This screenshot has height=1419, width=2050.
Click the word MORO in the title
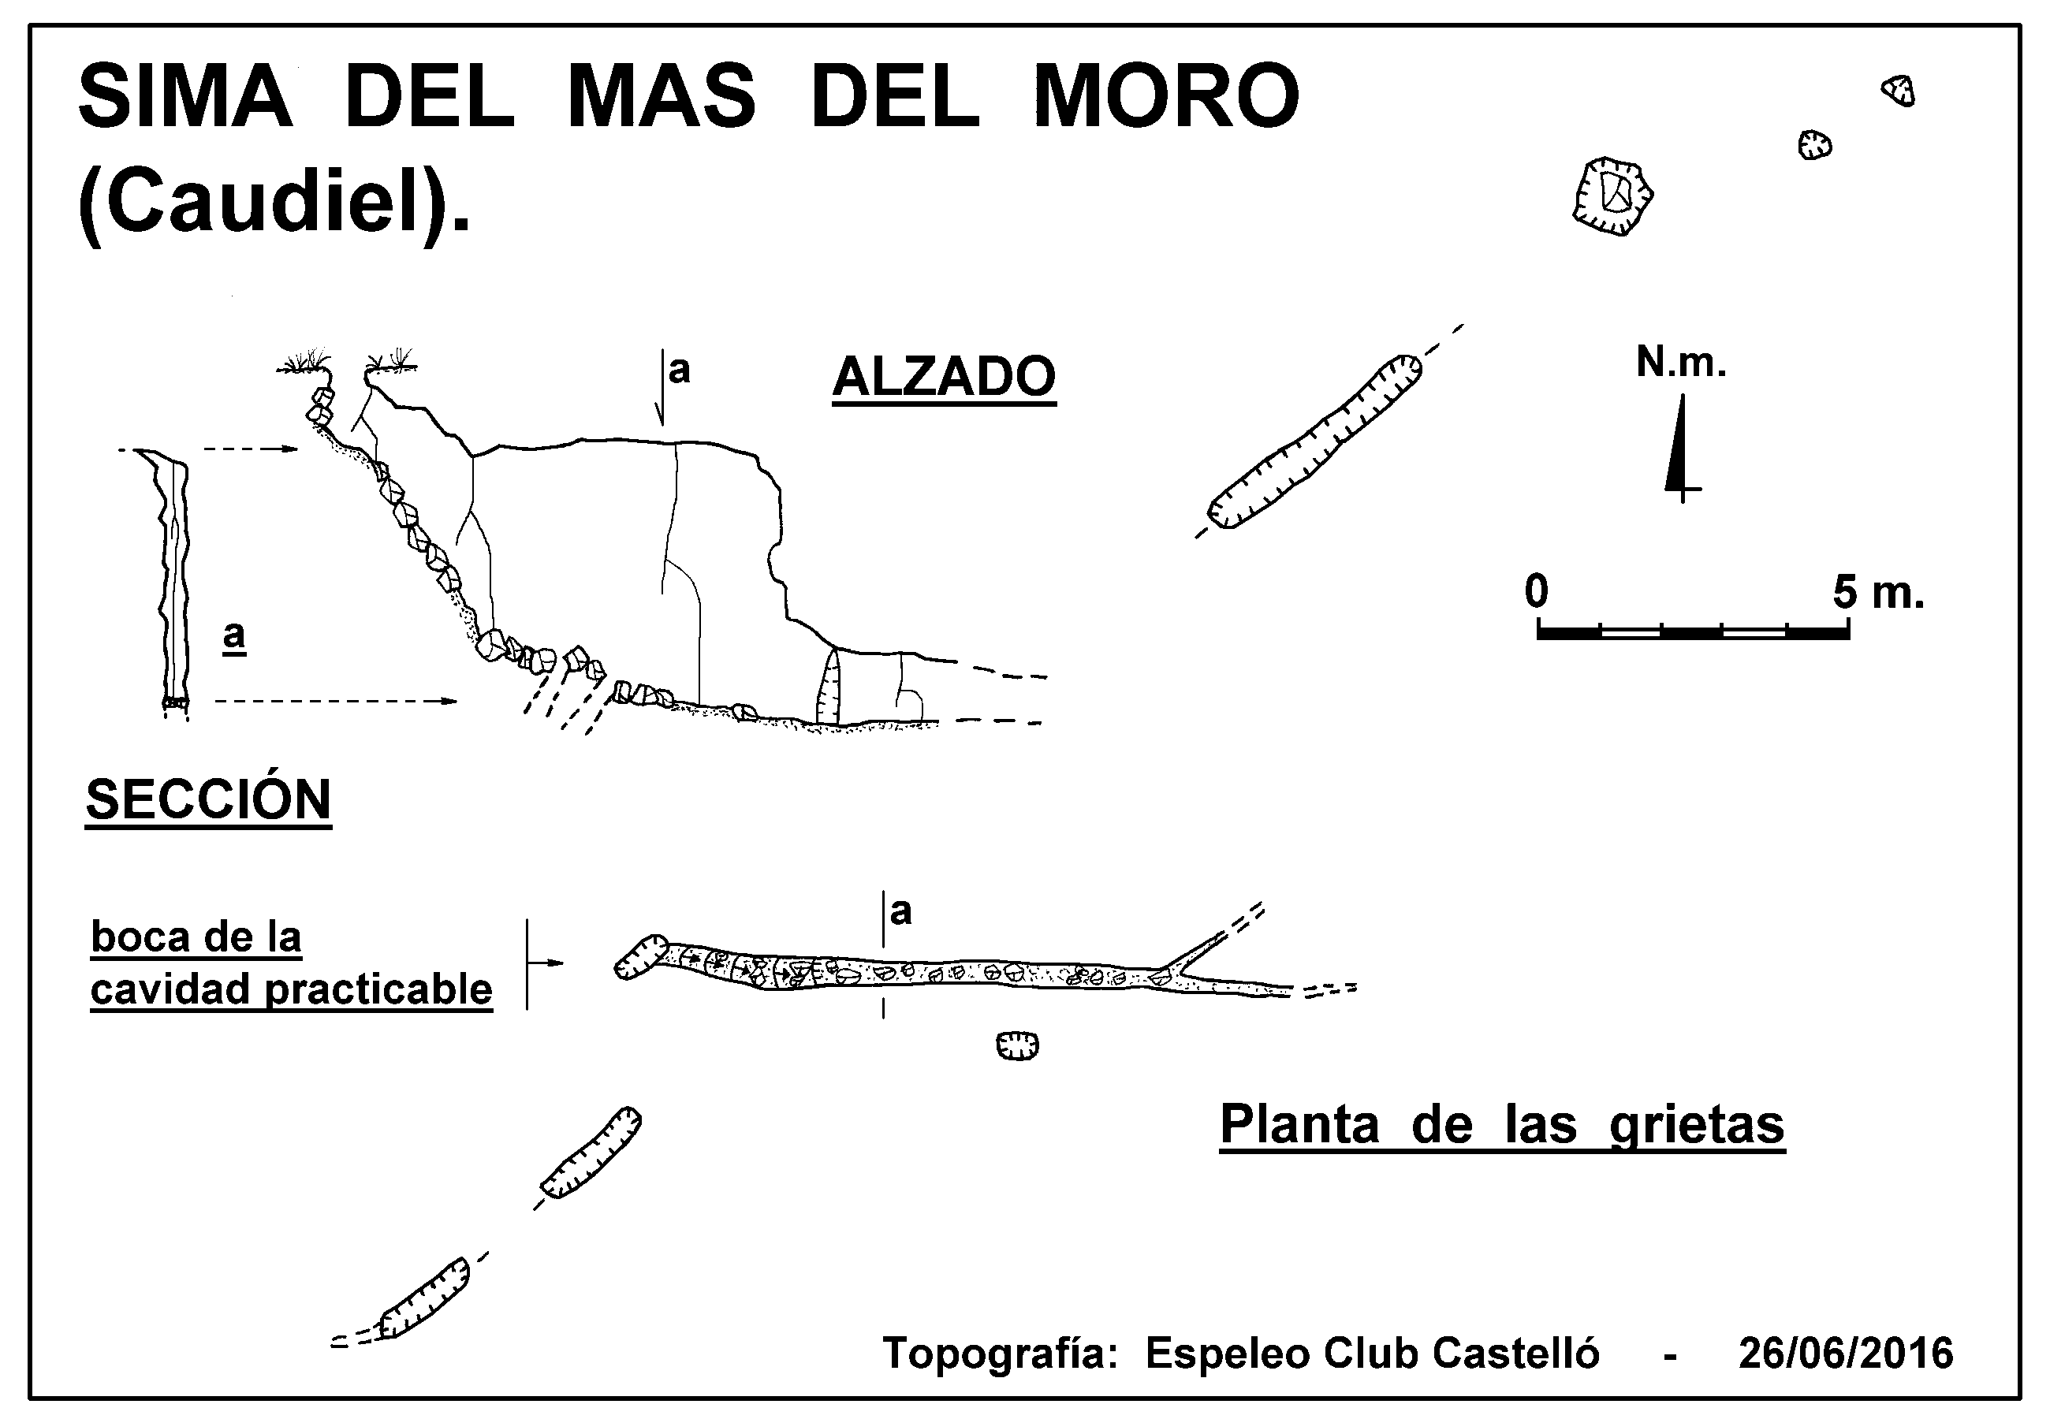(x=1165, y=95)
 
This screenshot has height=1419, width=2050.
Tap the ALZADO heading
(x=944, y=376)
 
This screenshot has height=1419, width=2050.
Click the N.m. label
(x=1681, y=363)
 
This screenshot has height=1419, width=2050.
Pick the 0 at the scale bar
(x=1536, y=590)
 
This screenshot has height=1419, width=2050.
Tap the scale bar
(x=1694, y=632)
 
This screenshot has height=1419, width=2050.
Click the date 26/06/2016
(x=1846, y=1354)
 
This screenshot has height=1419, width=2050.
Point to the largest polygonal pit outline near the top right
(x=1612, y=196)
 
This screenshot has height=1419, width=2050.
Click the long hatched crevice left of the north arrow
(x=1314, y=442)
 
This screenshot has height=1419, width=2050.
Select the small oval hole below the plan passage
(x=1018, y=1045)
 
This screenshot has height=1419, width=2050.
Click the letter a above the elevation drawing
(x=679, y=370)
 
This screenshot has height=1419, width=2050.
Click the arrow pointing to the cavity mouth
(x=545, y=963)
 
